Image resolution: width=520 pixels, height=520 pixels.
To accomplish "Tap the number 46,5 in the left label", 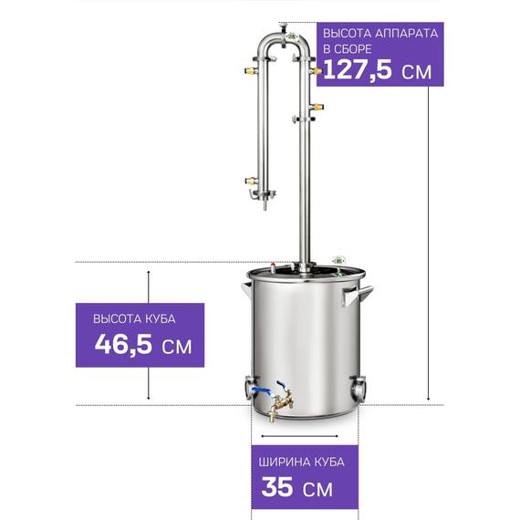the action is pos(123,344).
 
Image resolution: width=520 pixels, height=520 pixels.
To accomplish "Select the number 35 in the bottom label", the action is pos(277,487).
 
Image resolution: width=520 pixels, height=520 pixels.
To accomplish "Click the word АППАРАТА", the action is pos(407,34).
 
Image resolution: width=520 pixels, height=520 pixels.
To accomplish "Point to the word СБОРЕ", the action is pos(352,49).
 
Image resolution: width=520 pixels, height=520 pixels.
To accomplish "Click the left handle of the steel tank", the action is pos(246,290).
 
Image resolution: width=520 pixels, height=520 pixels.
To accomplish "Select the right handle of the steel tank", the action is pos(358,294).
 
